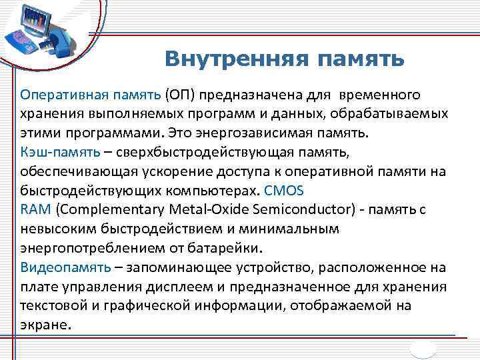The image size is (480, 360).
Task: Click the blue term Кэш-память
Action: coord(61,151)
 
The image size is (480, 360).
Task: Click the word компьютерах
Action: coord(203,190)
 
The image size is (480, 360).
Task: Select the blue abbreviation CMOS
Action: coord(284,190)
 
